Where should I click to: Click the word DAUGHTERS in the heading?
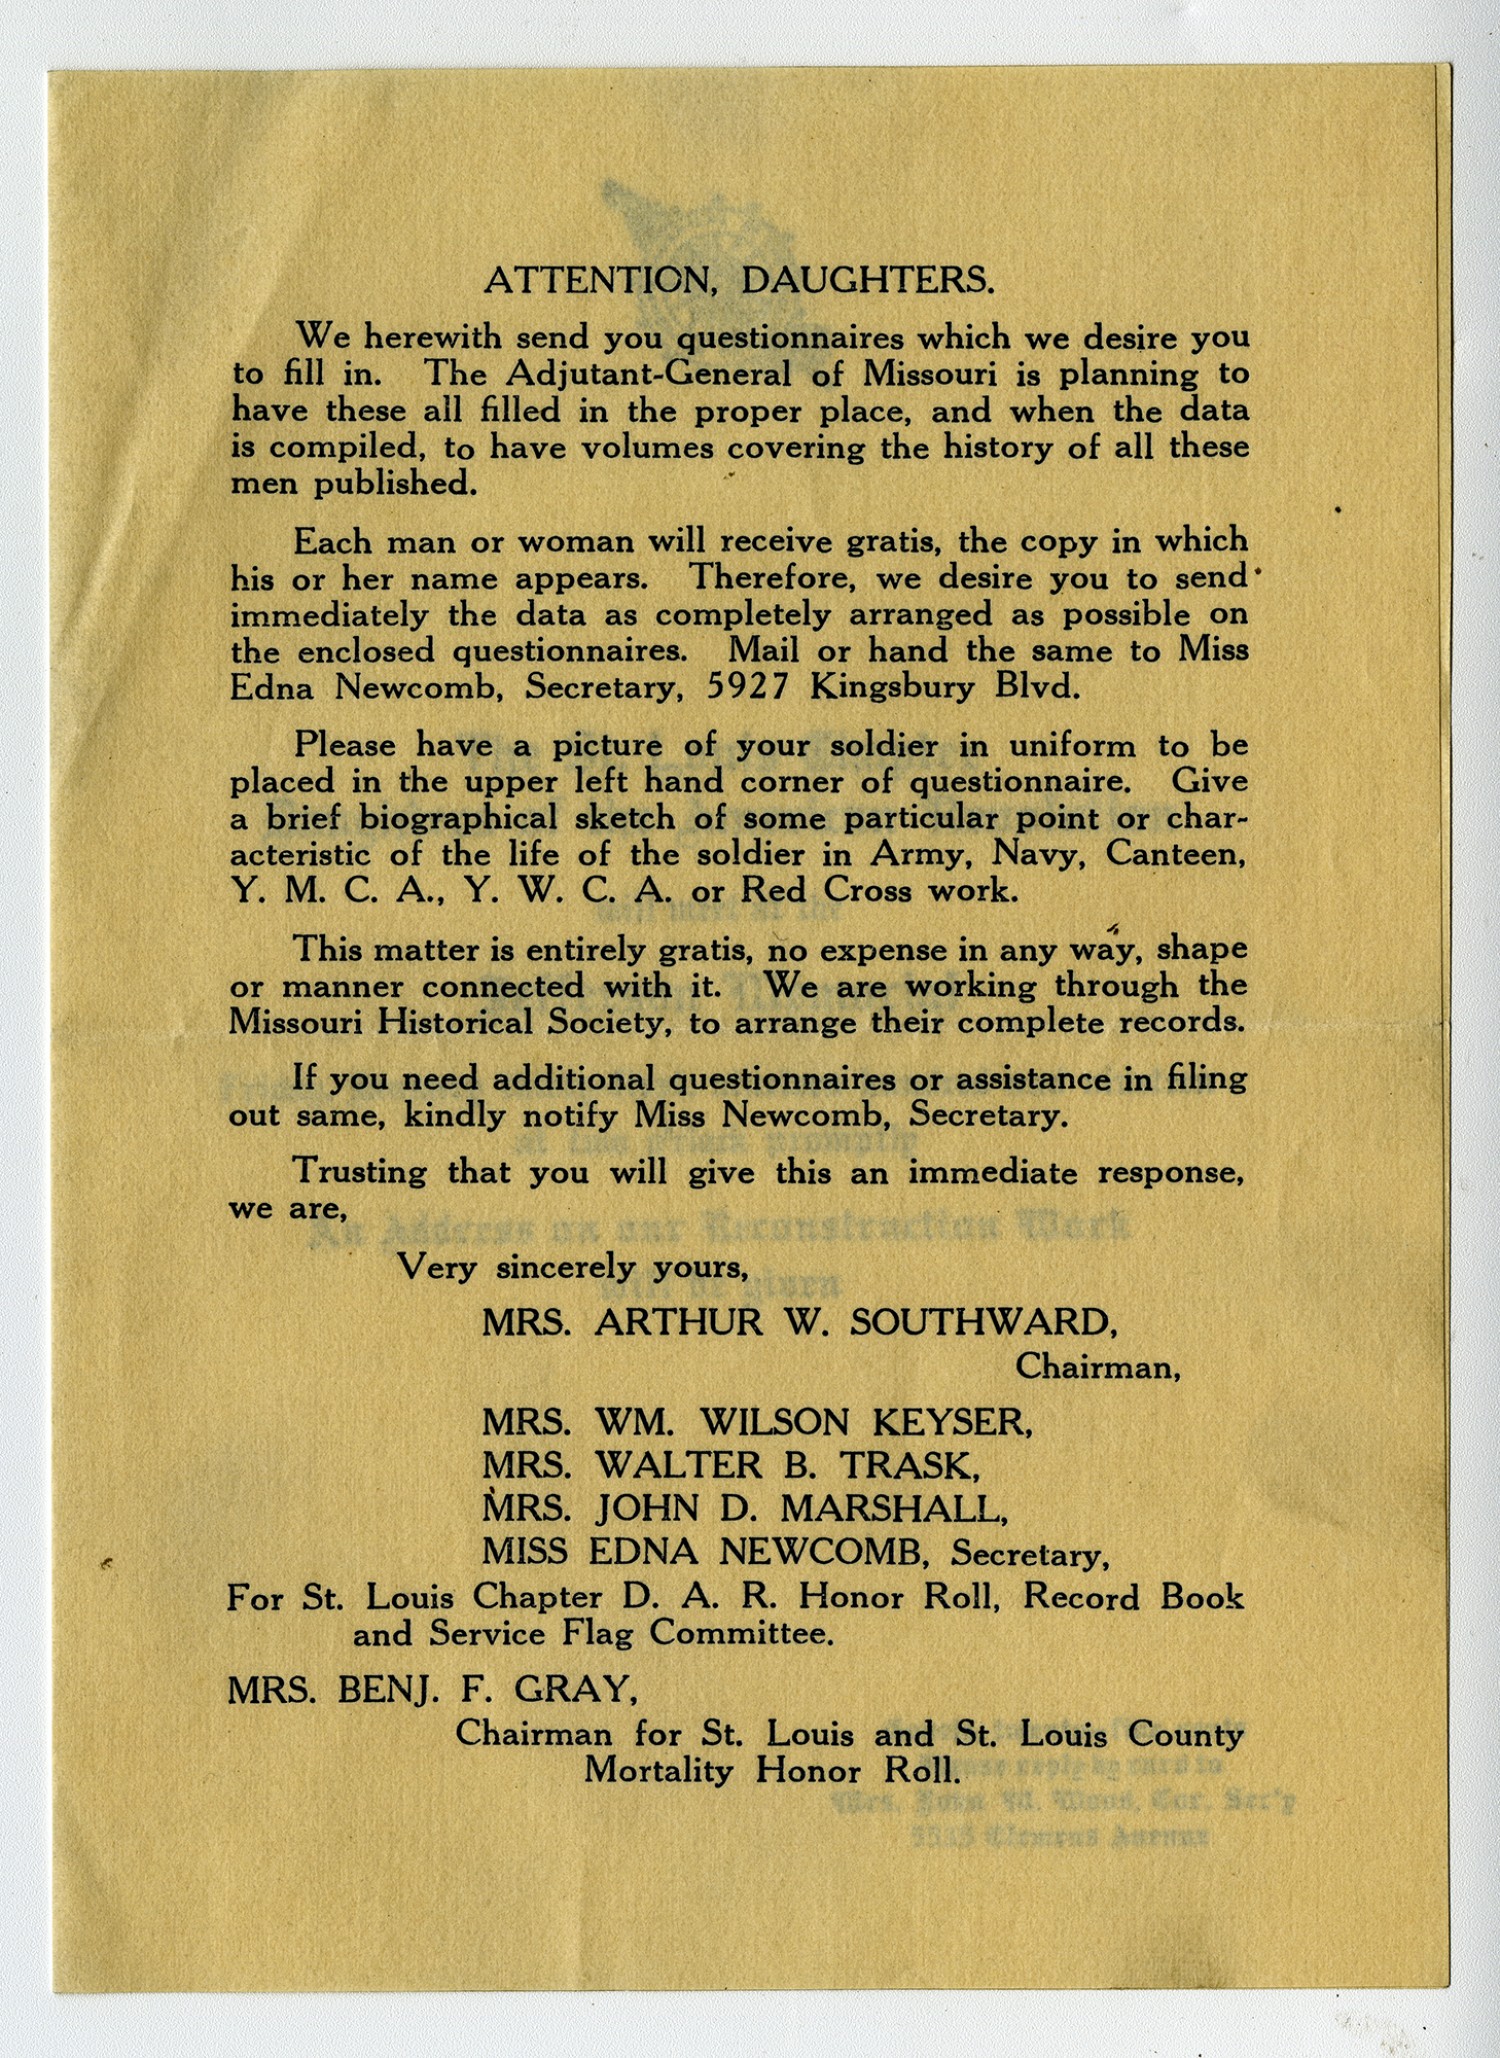pyautogui.click(x=867, y=280)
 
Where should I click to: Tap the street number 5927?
pyautogui.click(x=748, y=687)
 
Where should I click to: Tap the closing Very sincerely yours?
pyautogui.click(x=573, y=1267)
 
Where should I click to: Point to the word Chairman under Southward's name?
pyautogui.click(x=1097, y=1366)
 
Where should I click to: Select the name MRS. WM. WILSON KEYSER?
pyautogui.click(x=756, y=1421)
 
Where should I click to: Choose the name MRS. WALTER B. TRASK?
pyautogui.click(x=730, y=1465)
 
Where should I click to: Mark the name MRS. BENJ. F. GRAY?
pyautogui.click(x=432, y=1689)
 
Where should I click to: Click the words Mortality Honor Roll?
pyautogui.click(x=772, y=1771)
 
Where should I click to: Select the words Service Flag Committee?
pyautogui.click(x=631, y=1634)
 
